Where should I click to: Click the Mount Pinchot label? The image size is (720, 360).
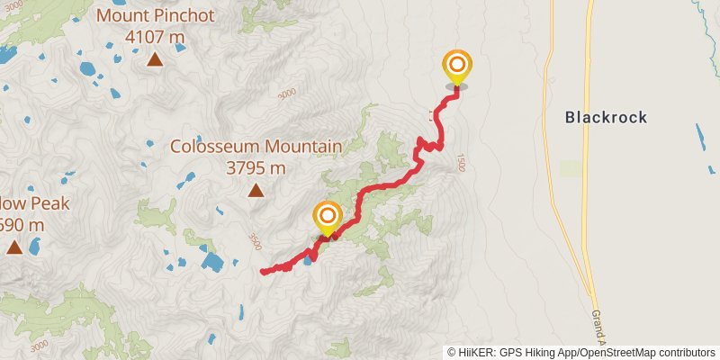(154, 15)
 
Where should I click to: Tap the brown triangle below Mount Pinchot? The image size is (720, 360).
(155, 59)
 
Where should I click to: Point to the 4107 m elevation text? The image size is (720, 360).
(154, 37)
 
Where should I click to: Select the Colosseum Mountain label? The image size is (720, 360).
(256, 146)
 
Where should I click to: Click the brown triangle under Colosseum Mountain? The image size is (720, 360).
(256, 190)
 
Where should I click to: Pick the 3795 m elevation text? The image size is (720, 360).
(256, 167)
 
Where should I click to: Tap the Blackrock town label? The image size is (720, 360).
(606, 117)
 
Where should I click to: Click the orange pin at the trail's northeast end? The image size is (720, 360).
(457, 66)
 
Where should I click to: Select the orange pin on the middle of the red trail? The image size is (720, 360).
(327, 216)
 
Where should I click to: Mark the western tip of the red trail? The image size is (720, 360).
(262, 271)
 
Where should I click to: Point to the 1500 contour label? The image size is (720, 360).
(460, 162)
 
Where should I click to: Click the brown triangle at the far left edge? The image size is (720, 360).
(13, 246)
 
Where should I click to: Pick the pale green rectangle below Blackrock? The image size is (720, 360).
(571, 168)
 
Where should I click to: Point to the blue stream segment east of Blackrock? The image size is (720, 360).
(700, 136)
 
